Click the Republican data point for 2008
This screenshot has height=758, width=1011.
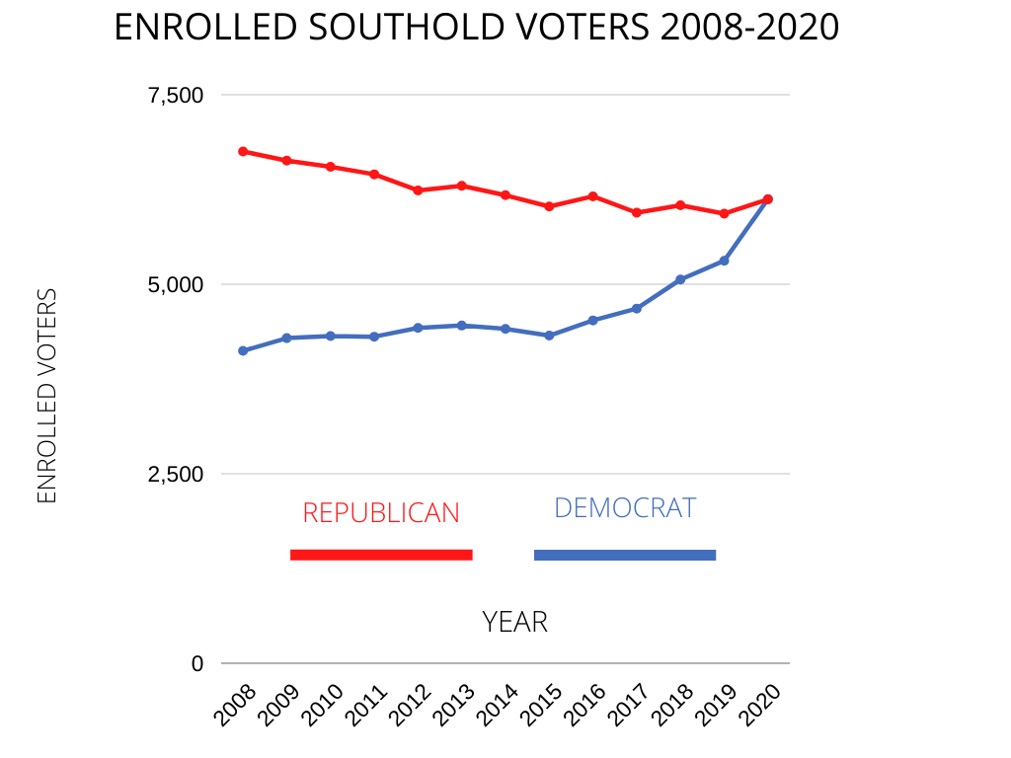point(243,151)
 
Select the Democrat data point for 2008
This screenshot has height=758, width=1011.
point(243,350)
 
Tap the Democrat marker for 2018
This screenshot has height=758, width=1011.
point(680,279)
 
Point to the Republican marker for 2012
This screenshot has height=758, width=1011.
point(418,189)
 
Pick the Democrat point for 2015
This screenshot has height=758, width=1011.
point(549,336)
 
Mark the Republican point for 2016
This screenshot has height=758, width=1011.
point(592,195)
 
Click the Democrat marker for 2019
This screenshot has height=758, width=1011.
point(724,261)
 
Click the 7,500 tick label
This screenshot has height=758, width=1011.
point(175,95)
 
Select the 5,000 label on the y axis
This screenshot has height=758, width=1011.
point(175,284)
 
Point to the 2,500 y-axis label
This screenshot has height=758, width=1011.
point(175,474)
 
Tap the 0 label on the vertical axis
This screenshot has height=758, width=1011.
point(197,663)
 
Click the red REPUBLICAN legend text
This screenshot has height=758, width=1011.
point(381,513)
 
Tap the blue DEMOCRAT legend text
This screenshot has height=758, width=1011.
point(625,507)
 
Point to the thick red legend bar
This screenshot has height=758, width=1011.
point(381,555)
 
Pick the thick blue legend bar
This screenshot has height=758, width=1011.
point(625,555)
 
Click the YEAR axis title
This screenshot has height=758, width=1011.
point(514,622)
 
